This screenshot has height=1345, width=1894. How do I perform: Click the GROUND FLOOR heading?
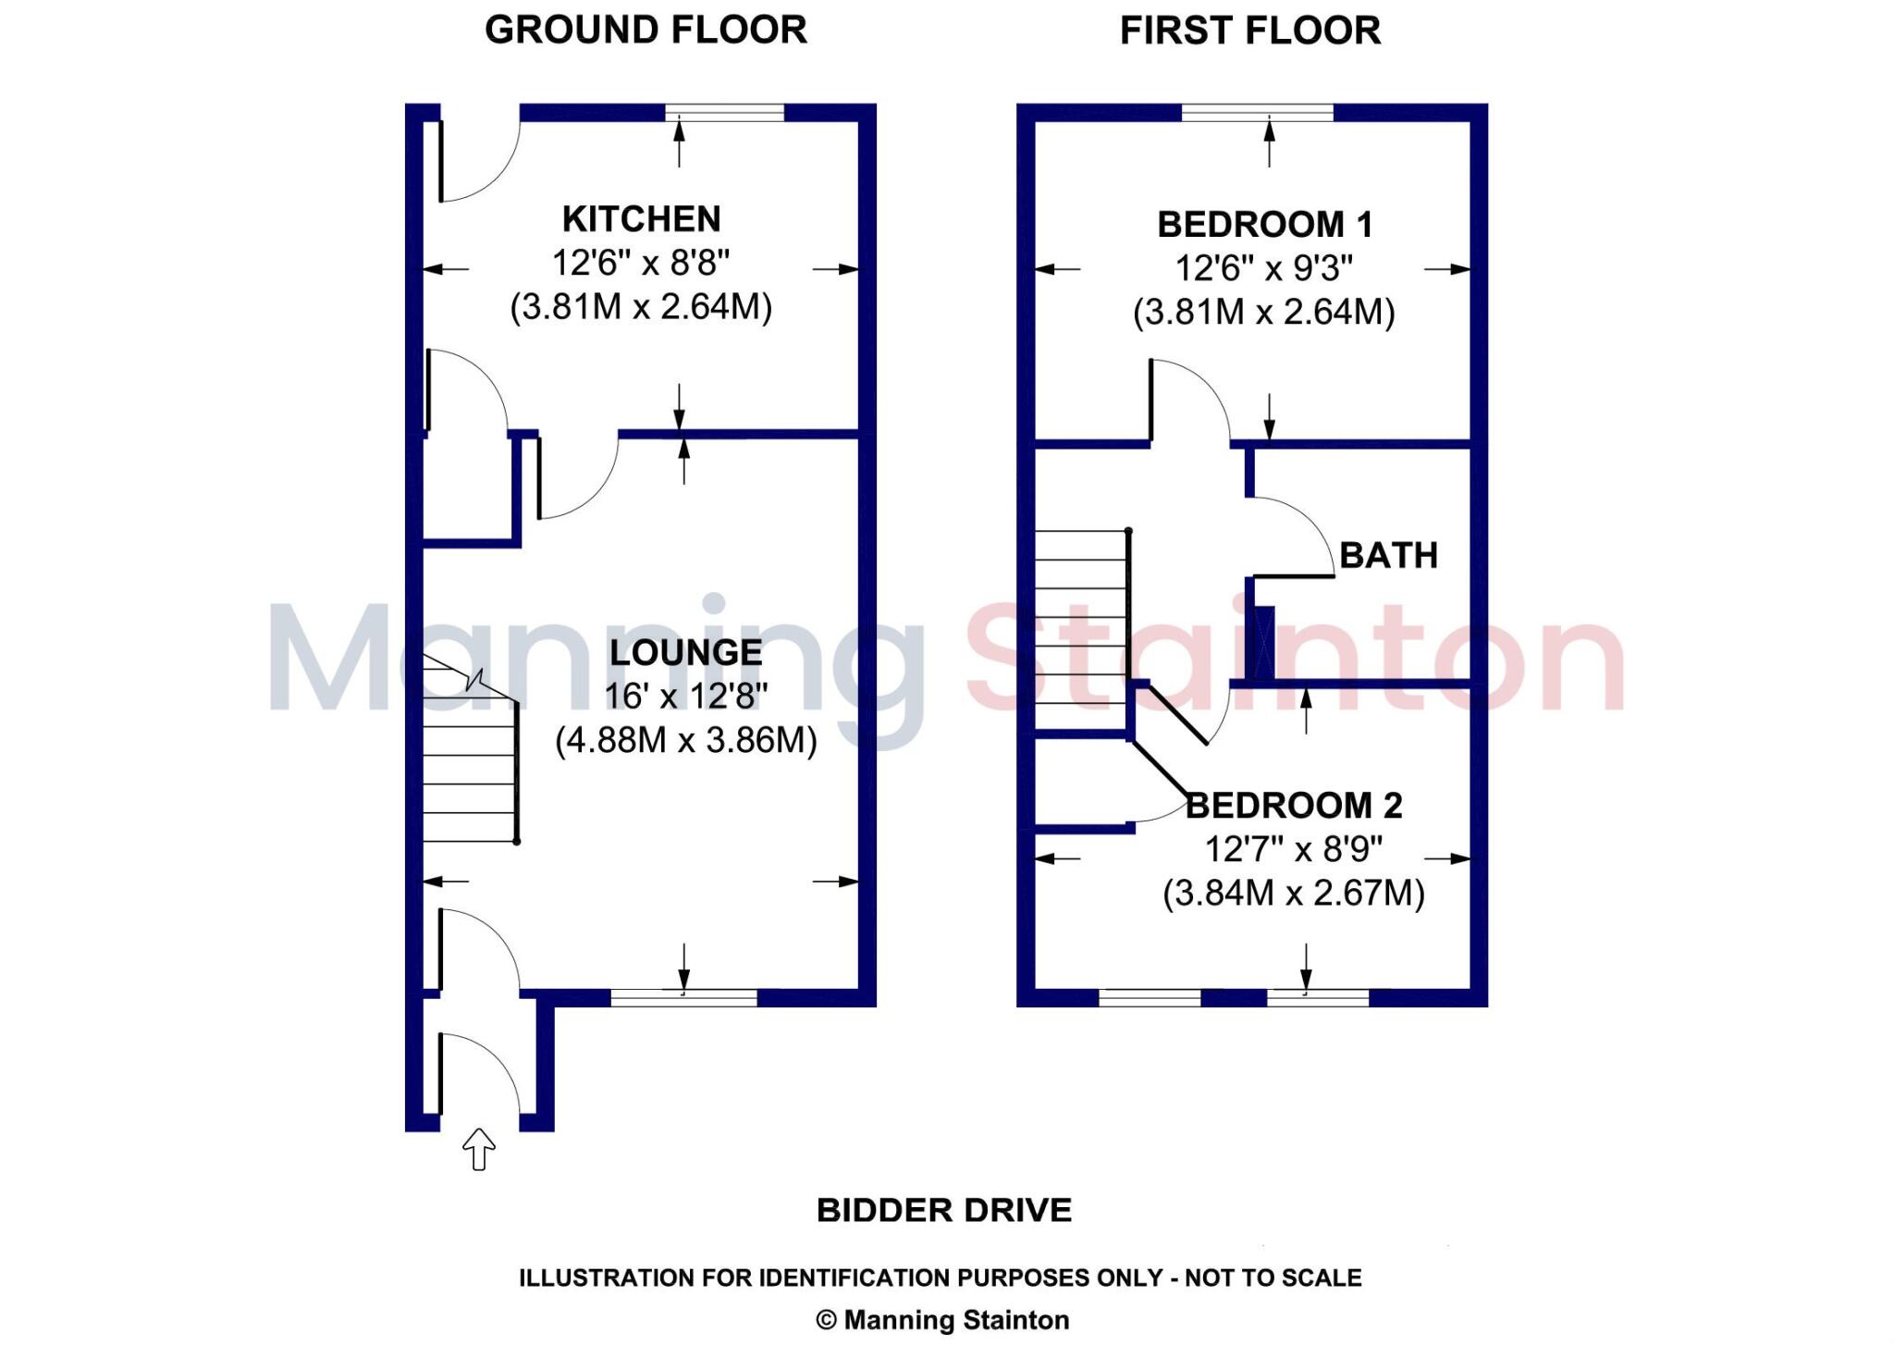[x=646, y=30]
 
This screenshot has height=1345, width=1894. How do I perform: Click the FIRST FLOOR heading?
[x=1249, y=31]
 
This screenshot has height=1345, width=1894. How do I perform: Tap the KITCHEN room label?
[x=641, y=219]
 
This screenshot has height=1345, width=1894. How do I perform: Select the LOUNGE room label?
[x=685, y=652]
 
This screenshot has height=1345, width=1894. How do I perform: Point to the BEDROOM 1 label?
[x=1264, y=225]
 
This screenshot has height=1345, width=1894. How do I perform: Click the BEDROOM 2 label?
[x=1294, y=805]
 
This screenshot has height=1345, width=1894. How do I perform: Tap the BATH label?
[x=1388, y=555]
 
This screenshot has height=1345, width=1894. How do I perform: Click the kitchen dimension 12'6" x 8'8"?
[x=641, y=263]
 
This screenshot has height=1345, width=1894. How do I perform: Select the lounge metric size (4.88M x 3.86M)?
[x=685, y=740]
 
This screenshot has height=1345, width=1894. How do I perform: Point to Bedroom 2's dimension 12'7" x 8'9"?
[x=1293, y=848]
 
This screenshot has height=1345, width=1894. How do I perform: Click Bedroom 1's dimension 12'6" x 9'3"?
[x=1263, y=268]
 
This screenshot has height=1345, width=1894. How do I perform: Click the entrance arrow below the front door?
[x=478, y=1149]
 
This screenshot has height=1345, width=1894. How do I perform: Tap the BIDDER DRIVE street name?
[x=943, y=1210]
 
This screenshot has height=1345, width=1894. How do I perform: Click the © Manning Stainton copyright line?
[x=942, y=1320]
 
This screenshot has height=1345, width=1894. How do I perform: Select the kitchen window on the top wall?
[x=724, y=113]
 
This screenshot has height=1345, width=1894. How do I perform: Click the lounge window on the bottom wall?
[x=683, y=997]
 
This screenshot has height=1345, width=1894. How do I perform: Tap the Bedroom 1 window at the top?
[x=1258, y=113]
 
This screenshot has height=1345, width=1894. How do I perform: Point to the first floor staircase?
[x=1080, y=629]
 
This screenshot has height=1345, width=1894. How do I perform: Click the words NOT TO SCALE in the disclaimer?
[x=1273, y=1277]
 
